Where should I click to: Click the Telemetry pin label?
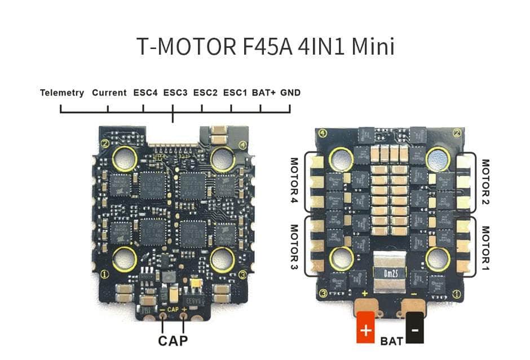[x=62, y=93]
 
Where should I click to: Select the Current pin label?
[x=109, y=93]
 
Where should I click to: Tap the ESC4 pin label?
[x=145, y=93]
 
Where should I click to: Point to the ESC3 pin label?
[x=175, y=93]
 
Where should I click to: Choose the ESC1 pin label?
[x=235, y=93]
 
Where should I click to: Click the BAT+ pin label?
[x=264, y=93]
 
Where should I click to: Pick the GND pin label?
[x=290, y=93]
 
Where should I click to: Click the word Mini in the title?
[x=373, y=47]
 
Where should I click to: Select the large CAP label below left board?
[x=173, y=340]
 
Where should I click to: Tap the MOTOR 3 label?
[x=294, y=246]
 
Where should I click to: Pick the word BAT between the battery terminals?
[x=391, y=341]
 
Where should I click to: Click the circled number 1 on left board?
[x=104, y=275]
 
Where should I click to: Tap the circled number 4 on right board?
[x=323, y=134]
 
